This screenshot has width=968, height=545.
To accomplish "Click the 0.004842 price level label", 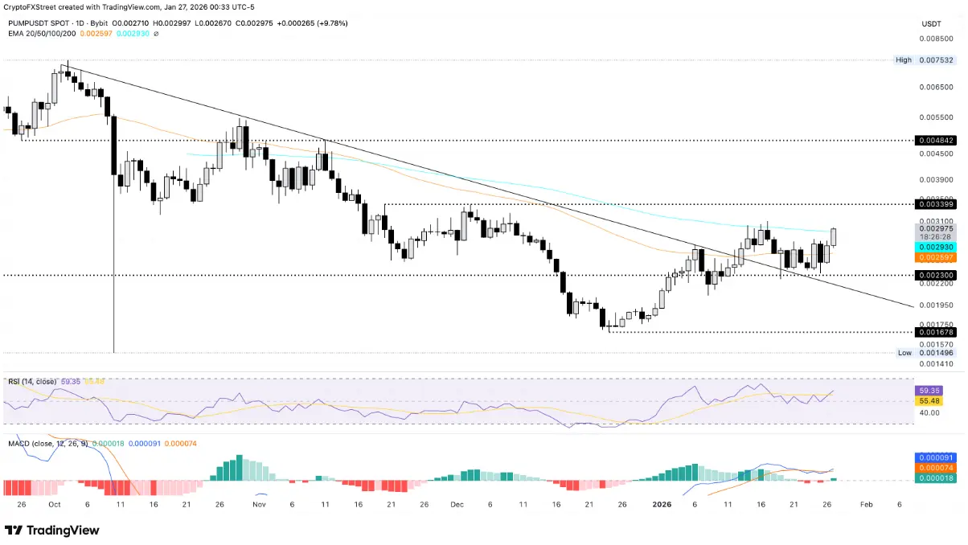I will (936, 140).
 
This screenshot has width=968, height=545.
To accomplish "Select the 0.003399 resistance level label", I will (936, 204).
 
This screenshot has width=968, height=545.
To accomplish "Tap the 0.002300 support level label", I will (936, 275).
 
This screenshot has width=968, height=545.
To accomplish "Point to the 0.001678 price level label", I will (936, 331).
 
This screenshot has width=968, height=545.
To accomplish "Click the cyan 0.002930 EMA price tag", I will (936, 247).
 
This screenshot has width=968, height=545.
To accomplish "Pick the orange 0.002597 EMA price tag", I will (936, 257).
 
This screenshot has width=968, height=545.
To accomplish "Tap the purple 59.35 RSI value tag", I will (936, 390).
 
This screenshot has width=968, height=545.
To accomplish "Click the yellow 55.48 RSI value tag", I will (936, 400).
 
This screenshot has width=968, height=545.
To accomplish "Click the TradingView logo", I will (52, 531).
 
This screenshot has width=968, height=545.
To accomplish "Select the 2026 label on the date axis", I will (662, 504).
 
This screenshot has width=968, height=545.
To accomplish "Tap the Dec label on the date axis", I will (457, 504).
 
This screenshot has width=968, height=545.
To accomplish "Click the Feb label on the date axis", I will (865, 504).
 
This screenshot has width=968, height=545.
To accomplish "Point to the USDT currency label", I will (932, 24).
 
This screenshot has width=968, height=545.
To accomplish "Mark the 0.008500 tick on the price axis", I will (937, 38).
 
